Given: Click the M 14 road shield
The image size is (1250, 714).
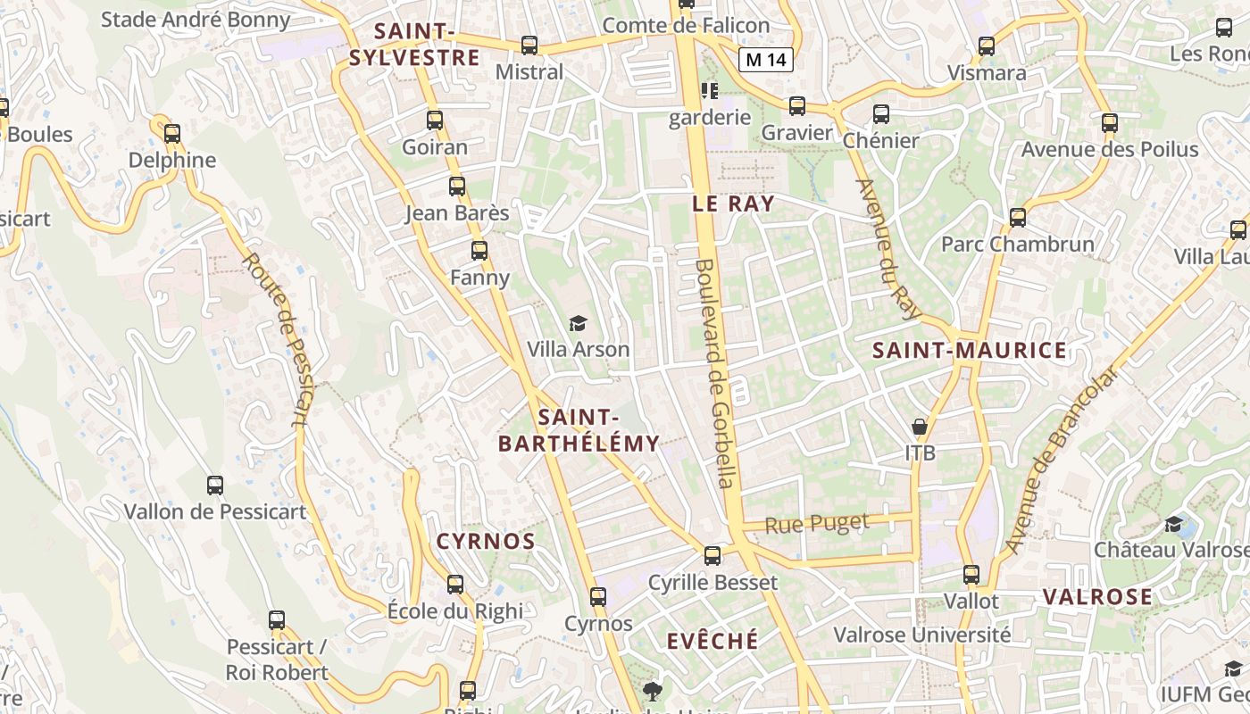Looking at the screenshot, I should click(x=766, y=60).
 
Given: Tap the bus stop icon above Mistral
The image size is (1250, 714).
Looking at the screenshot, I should click(x=529, y=45).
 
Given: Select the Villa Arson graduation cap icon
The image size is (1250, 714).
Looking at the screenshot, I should click(x=579, y=323).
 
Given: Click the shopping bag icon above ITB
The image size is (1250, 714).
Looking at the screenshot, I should click(x=920, y=427).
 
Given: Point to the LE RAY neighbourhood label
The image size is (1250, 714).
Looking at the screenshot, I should click(x=733, y=203).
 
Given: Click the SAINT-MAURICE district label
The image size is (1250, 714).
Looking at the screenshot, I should click(x=969, y=350).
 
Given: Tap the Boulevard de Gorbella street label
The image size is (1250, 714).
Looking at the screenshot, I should click(x=716, y=373).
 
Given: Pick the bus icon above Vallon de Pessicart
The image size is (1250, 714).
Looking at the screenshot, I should click(x=215, y=486).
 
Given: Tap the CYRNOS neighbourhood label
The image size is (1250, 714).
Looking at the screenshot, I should click(x=486, y=541).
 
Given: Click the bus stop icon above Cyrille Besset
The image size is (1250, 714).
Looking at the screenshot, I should click(x=712, y=556).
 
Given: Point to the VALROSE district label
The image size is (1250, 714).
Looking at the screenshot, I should click(x=1097, y=596).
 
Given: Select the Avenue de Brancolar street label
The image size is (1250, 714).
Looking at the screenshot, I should click(x=1061, y=461).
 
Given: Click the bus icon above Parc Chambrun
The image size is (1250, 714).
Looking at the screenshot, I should click(x=1017, y=217).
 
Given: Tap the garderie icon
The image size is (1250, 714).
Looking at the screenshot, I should click(x=710, y=91).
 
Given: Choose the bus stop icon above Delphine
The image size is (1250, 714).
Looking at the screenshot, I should click(x=172, y=134).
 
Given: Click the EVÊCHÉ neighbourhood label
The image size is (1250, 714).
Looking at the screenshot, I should click(x=712, y=640).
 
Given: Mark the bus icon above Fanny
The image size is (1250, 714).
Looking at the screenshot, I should click(x=479, y=251).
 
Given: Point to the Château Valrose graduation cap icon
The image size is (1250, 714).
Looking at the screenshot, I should click(x=1173, y=524).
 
